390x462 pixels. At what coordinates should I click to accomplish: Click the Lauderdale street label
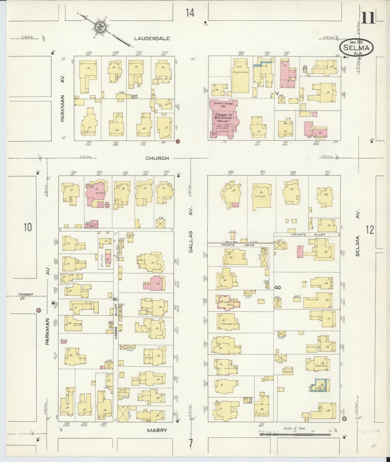click(152, 39)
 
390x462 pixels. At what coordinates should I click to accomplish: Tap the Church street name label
click(157, 158)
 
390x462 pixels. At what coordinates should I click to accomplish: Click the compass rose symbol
click(100, 27)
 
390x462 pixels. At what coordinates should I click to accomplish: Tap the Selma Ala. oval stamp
click(356, 48)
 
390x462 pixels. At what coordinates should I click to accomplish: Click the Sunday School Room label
click(223, 105)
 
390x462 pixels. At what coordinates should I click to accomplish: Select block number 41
click(115, 299)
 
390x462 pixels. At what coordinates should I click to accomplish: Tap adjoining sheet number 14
click(190, 13)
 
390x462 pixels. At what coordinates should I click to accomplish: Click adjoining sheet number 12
click(370, 230)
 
